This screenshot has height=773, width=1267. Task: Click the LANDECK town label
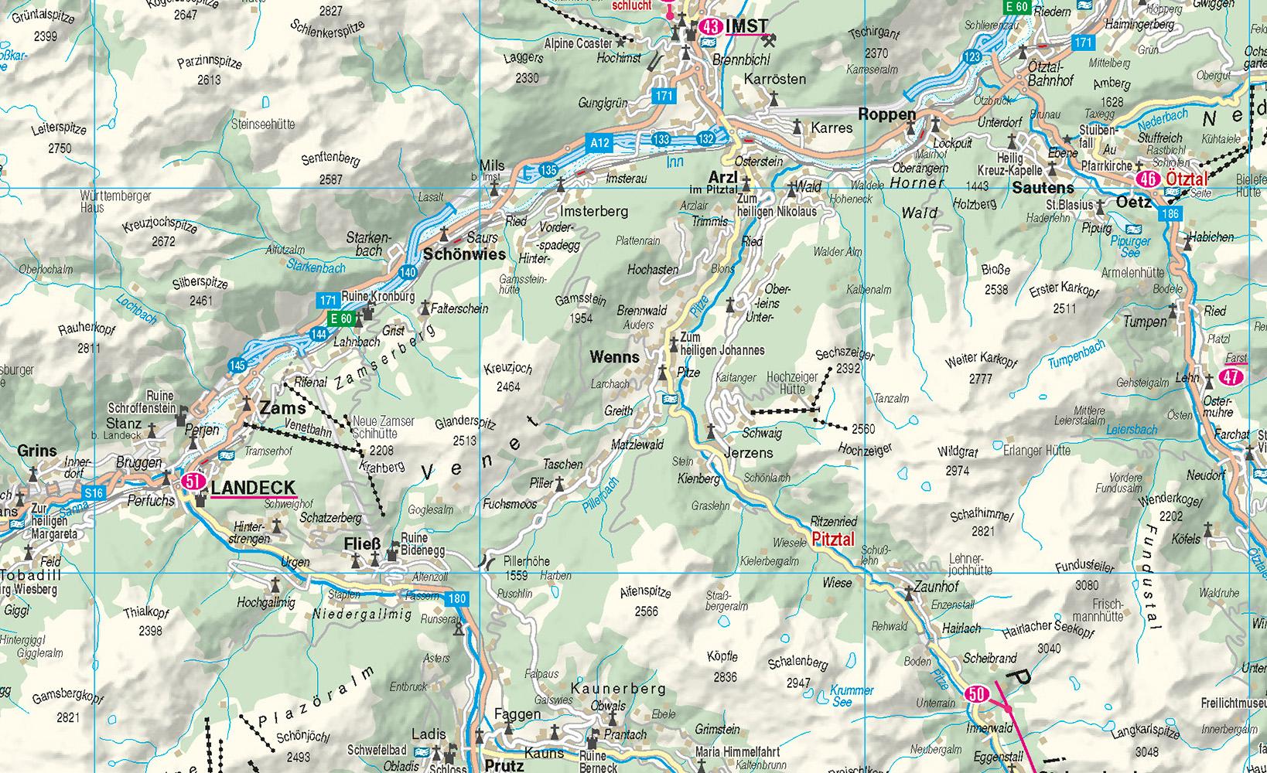click(252, 488)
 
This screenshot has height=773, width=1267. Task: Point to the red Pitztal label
click(833, 540)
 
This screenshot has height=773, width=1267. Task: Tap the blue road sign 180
click(457, 598)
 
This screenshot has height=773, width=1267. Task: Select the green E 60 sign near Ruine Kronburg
click(341, 318)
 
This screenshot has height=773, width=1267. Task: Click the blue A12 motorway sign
click(599, 142)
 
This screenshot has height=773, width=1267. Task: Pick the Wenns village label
click(614, 357)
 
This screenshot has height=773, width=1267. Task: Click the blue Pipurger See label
click(1130, 247)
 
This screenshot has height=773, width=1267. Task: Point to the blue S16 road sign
click(94, 493)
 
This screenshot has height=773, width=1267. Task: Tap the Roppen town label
click(887, 114)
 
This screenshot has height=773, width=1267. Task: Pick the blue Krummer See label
click(851, 696)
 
